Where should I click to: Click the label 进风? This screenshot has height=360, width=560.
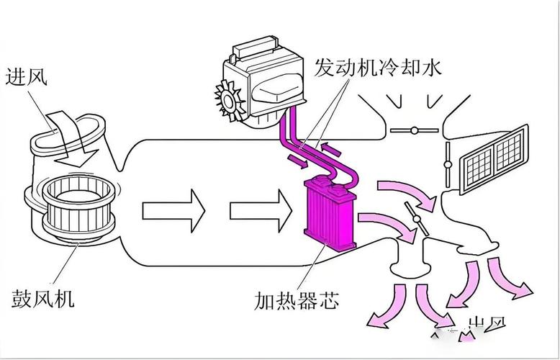[x=27, y=76]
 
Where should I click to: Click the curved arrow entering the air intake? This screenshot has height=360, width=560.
[x=68, y=134]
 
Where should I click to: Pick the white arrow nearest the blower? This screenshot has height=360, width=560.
[x=173, y=210]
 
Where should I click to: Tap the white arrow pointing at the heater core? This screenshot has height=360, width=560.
[x=260, y=210]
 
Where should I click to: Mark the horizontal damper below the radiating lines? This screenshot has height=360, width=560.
[x=414, y=130]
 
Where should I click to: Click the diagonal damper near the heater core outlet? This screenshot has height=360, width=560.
[x=416, y=219]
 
